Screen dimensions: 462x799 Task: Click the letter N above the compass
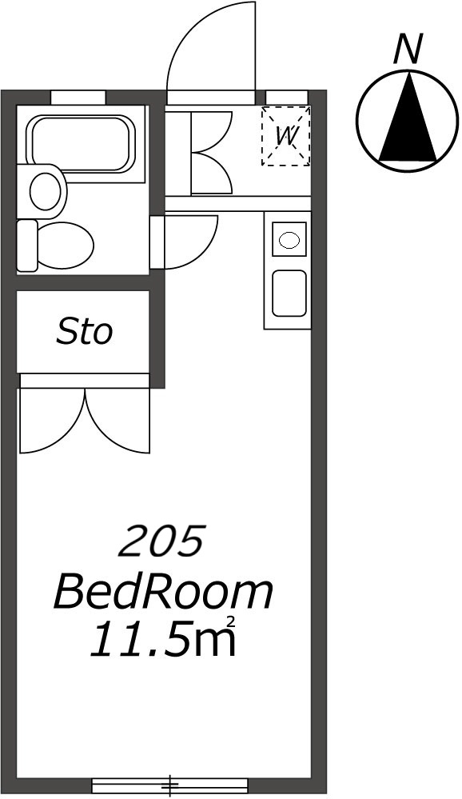pyautogui.click(x=408, y=50)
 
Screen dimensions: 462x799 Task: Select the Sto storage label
pyautogui.click(x=84, y=332)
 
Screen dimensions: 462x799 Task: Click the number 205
pyautogui.click(x=161, y=541)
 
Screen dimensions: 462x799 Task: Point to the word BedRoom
pyautogui.click(x=163, y=592)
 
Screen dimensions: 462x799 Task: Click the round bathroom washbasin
pyautogui.click(x=45, y=190)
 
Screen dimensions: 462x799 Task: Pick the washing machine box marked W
pyautogui.click(x=286, y=136)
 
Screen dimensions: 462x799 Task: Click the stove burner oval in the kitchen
pyautogui.click(x=289, y=239)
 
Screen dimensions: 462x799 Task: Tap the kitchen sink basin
pyautogui.click(x=289, y=293)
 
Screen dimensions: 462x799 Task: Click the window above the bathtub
pyautogui.click(x=78, y=97)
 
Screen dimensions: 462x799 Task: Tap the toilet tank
pyautogui.click(x=27, y=246)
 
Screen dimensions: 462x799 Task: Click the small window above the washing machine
pyautogui.click(x=287, y=97)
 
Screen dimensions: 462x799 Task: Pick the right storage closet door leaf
pyautogui.click(x=118, y=421)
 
